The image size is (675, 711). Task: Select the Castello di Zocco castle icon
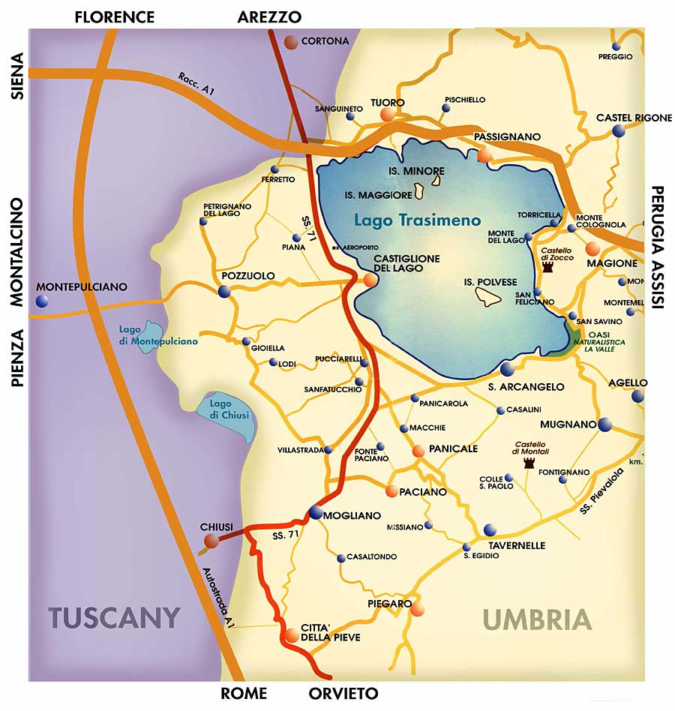(x=547, y=268)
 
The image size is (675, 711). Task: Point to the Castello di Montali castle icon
(x=529, y=463)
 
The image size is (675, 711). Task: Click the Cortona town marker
(x=291, y=42)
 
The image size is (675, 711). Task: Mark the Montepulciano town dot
(x=42, y=301)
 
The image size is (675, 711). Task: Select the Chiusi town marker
(x=211, y=540)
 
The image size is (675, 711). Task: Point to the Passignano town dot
(x=484, y=155)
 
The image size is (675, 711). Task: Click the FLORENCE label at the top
(x=114, y=16)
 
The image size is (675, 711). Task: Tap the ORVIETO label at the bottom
(x=343, y=693)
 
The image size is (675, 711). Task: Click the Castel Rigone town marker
(x=619, y=131)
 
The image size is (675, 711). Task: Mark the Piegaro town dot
(x=418, y=609)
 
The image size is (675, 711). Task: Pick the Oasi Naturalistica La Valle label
(x=598, y=341)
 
